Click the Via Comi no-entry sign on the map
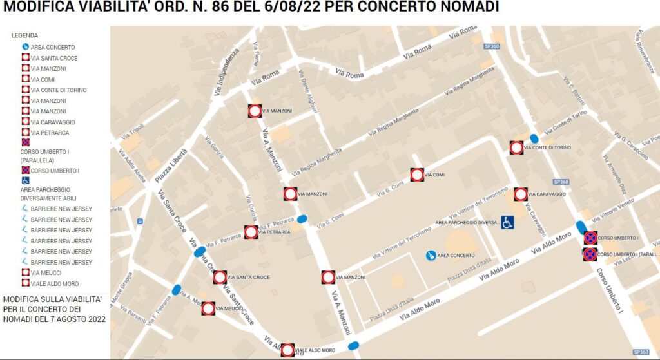tap(417, 175)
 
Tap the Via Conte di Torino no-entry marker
tap(516, 147)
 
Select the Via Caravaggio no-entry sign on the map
tap(521, 194)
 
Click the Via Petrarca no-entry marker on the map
tap(251, 232)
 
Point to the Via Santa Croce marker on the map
tap(220, 278)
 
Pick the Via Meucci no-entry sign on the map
tap(208, 308)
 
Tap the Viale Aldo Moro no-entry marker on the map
tap(288, 350)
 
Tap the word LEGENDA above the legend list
tap(24, 35)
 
